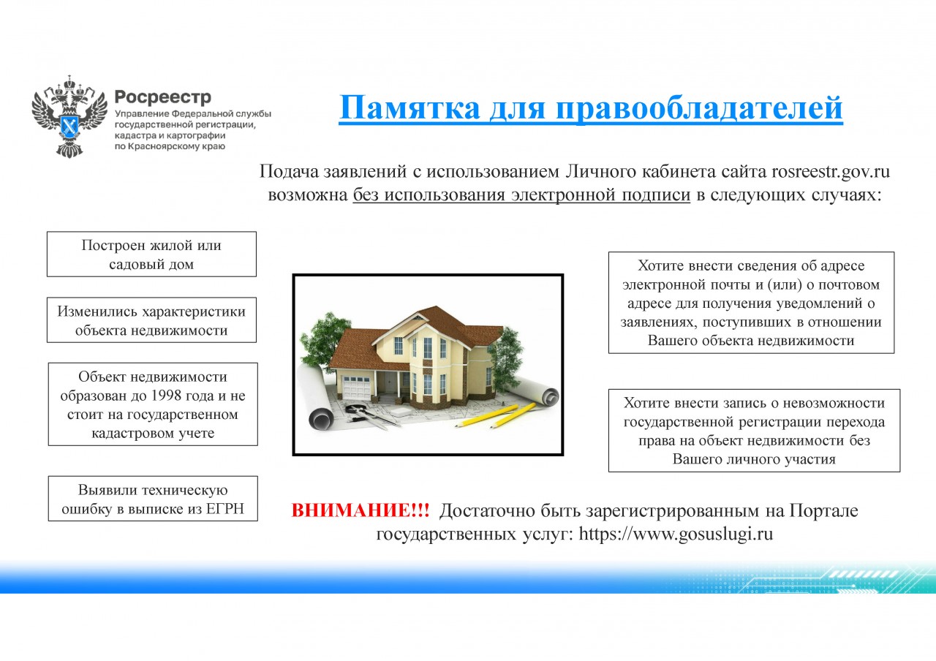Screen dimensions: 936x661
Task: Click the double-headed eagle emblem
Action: [x=69, y=116]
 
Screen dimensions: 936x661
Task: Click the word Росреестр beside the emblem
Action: [x=163, y=98]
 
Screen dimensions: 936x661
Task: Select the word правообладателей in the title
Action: [x=699, y=107]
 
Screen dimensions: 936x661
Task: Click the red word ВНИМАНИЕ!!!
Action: [x=361, y=510]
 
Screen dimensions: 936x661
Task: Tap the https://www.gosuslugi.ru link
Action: [x=676, y=534]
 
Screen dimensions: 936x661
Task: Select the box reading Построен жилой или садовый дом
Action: [x=151, y=254]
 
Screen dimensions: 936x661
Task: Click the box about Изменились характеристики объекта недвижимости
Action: [x=151, y=320]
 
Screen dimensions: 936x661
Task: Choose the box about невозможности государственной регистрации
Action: [x=754, y=431]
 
